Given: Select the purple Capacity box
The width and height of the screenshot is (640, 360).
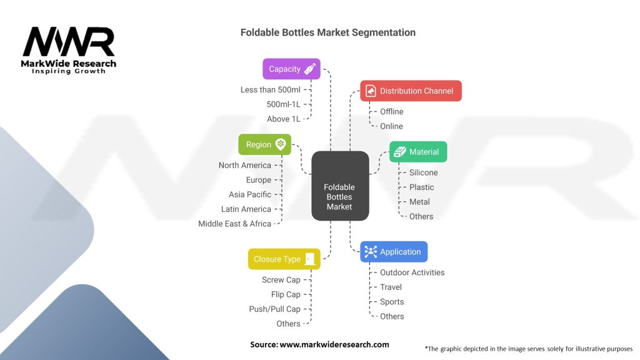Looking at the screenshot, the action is (x=291, y=69).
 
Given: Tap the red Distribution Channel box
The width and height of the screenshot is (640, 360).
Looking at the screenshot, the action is (x=411, y=91).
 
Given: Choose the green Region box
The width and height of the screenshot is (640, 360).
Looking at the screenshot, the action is (x=264, y=144).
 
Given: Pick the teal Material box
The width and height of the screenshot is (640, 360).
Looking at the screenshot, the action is (x=418, y=152).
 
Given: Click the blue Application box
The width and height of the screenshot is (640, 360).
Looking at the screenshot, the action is (x=394, y=252).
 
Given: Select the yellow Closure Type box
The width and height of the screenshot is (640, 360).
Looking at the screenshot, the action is (x=284, y=259).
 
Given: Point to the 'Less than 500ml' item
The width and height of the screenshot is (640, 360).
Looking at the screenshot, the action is (x=271, y=90).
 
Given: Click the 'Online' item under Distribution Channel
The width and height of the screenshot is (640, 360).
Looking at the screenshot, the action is (x=391, y=126).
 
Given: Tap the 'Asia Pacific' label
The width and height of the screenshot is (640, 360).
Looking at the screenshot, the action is (x=250, y=194).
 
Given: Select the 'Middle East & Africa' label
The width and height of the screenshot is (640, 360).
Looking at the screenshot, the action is (x=234, y=224).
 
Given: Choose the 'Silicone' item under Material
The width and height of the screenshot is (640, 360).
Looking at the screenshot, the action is (x=423, y=172).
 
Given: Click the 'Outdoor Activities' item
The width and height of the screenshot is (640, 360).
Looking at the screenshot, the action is (x=412, y=272).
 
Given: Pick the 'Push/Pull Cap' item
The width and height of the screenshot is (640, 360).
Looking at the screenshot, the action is (x=274, y=309).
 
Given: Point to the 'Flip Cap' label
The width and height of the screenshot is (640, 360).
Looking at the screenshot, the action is (x=286, y=294).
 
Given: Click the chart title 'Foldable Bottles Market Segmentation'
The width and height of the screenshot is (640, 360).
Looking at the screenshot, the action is (x=328, y=32).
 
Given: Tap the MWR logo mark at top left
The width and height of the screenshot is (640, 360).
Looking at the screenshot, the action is (x=69, y=42).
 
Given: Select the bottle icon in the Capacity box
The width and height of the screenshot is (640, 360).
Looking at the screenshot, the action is (x=309, y=69).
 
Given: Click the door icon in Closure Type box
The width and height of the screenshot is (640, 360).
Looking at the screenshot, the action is (x=310, y=259).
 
